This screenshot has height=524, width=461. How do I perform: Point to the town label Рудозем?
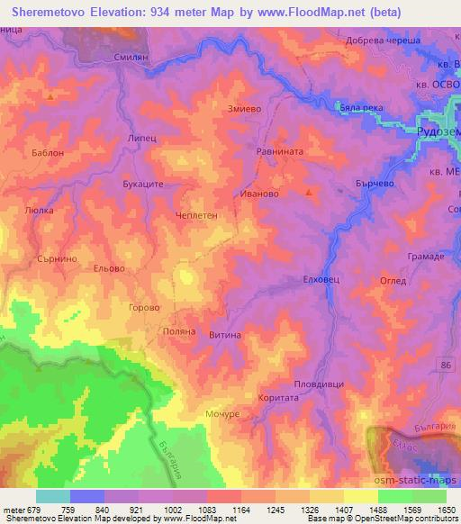[438, 131]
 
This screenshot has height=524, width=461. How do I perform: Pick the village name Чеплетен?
[200, 215]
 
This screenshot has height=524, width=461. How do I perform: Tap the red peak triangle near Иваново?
[310, 192]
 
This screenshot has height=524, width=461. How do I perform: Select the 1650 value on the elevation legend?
[446, 510]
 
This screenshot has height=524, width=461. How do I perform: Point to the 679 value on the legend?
[36, 510]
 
